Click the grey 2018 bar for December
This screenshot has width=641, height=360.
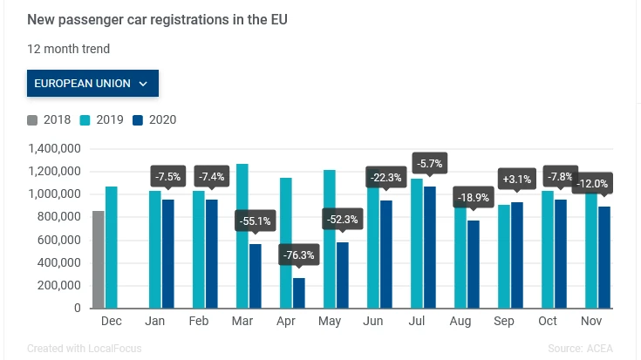tap(98, 260)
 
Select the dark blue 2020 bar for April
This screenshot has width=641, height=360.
tap(299, 293)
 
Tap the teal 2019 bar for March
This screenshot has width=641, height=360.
tap(242, 235)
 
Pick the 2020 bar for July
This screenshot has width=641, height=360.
tap(429, 248)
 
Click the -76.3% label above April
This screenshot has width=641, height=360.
tap(299, 255)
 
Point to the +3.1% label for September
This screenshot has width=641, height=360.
tap(517, 180)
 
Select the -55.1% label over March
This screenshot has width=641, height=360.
tap(255, 221)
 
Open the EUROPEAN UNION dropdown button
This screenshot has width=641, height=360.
tap(92, 84)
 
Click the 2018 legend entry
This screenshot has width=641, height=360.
tap(50, 120)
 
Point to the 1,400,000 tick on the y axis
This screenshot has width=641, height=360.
tap(54, 148)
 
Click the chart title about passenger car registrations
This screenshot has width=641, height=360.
tap(158, 18)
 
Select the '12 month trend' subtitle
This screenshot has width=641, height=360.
tap(69, 49)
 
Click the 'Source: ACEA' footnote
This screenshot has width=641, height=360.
tap(582, 349)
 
